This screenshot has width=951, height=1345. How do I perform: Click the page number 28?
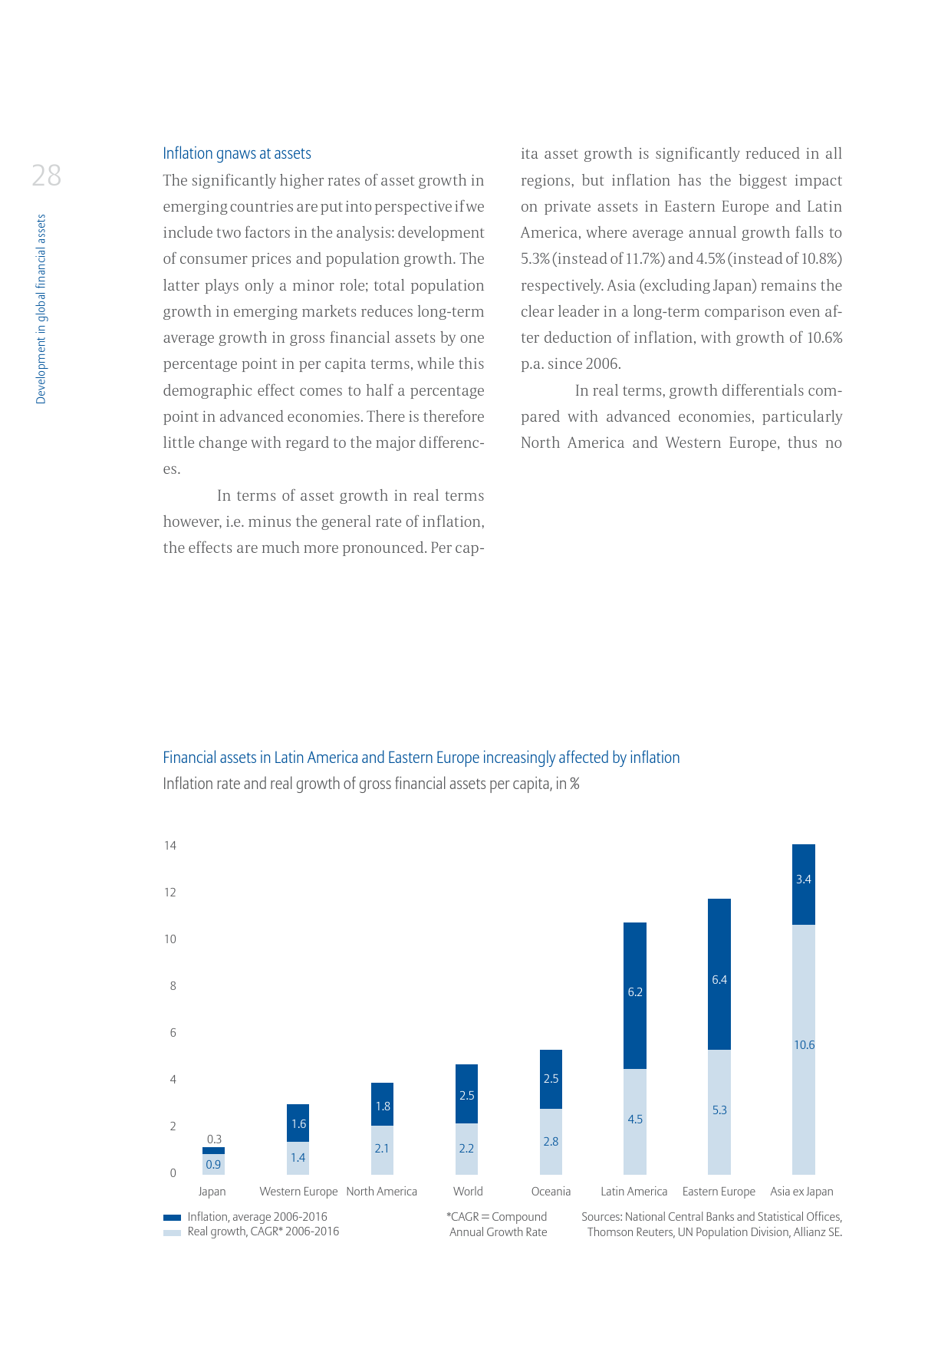[x=46, y=176]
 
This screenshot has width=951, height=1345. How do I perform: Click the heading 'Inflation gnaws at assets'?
[x=237, y=153]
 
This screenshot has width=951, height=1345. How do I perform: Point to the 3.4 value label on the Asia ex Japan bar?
[x=804, y=880]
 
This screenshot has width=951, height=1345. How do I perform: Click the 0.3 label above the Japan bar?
[x=214, y=1139]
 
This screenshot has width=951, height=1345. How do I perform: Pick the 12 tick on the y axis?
[x=170, y=893]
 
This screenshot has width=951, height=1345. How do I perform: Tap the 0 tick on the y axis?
[x=173, y=1173]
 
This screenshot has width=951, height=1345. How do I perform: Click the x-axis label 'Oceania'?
[x=551, y=1192]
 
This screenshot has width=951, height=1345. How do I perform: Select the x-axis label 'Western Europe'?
[x=298, y=1192]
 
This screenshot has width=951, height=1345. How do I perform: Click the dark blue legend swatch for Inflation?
[x=173, y=1218]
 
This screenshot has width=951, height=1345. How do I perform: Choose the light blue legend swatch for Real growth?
[x=173, y=1232]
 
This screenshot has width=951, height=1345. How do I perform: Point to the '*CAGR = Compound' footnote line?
[x=497, y=1217]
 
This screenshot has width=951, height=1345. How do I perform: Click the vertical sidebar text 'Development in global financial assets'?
[x=41, y=309]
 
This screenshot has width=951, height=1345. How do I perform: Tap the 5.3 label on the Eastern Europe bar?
[x=719, y=1110]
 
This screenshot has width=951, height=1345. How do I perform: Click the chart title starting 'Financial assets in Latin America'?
[x=421, y=758]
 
